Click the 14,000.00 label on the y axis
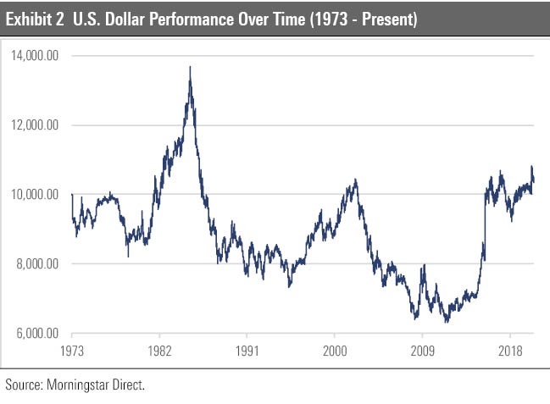[36, 56]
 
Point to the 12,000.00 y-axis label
[36, 125]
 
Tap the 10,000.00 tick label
[36, 195]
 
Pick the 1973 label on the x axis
[72, 350]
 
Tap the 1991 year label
[246, 350]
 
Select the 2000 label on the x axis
[335, 350]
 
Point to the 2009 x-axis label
[423, 350]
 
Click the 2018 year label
[510, 350]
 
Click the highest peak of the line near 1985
[190, 67]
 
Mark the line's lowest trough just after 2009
[446, 323]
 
